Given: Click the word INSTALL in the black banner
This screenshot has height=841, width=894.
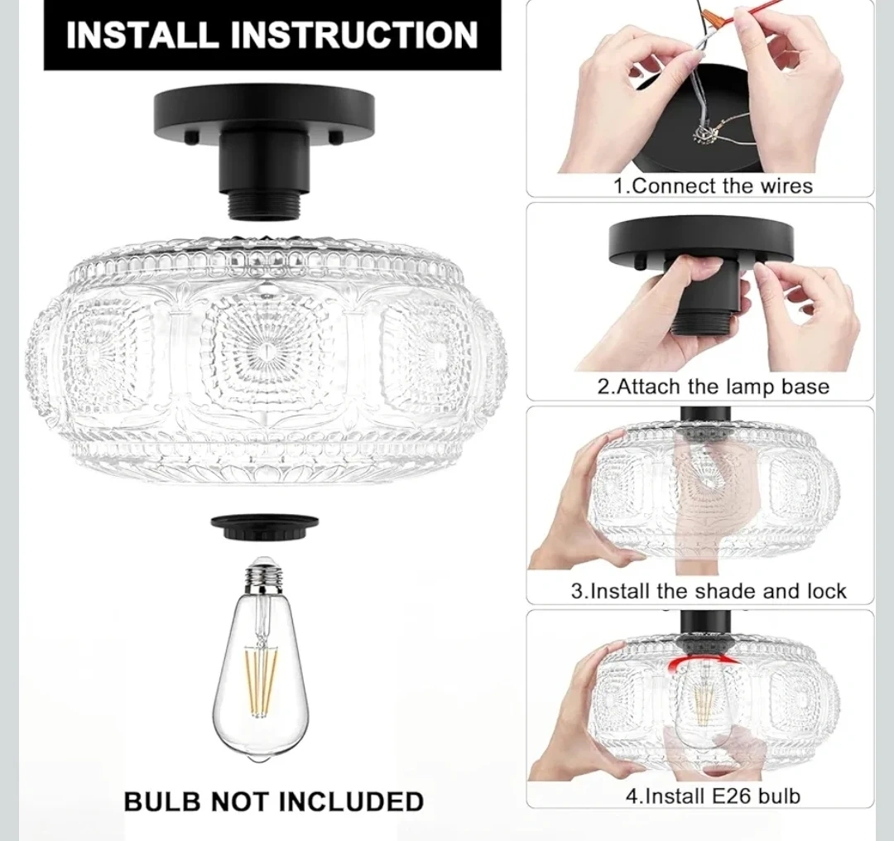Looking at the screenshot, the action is point(142,35).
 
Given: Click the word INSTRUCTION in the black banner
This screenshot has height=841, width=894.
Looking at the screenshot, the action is point(354,35).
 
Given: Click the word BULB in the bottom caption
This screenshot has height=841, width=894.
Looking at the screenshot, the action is point(162,801).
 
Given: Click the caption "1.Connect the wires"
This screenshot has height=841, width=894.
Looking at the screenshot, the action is point(713,186).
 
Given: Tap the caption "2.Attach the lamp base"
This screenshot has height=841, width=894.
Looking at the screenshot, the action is point(713,387).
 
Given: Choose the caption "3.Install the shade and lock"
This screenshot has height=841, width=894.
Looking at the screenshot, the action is point(709,591).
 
